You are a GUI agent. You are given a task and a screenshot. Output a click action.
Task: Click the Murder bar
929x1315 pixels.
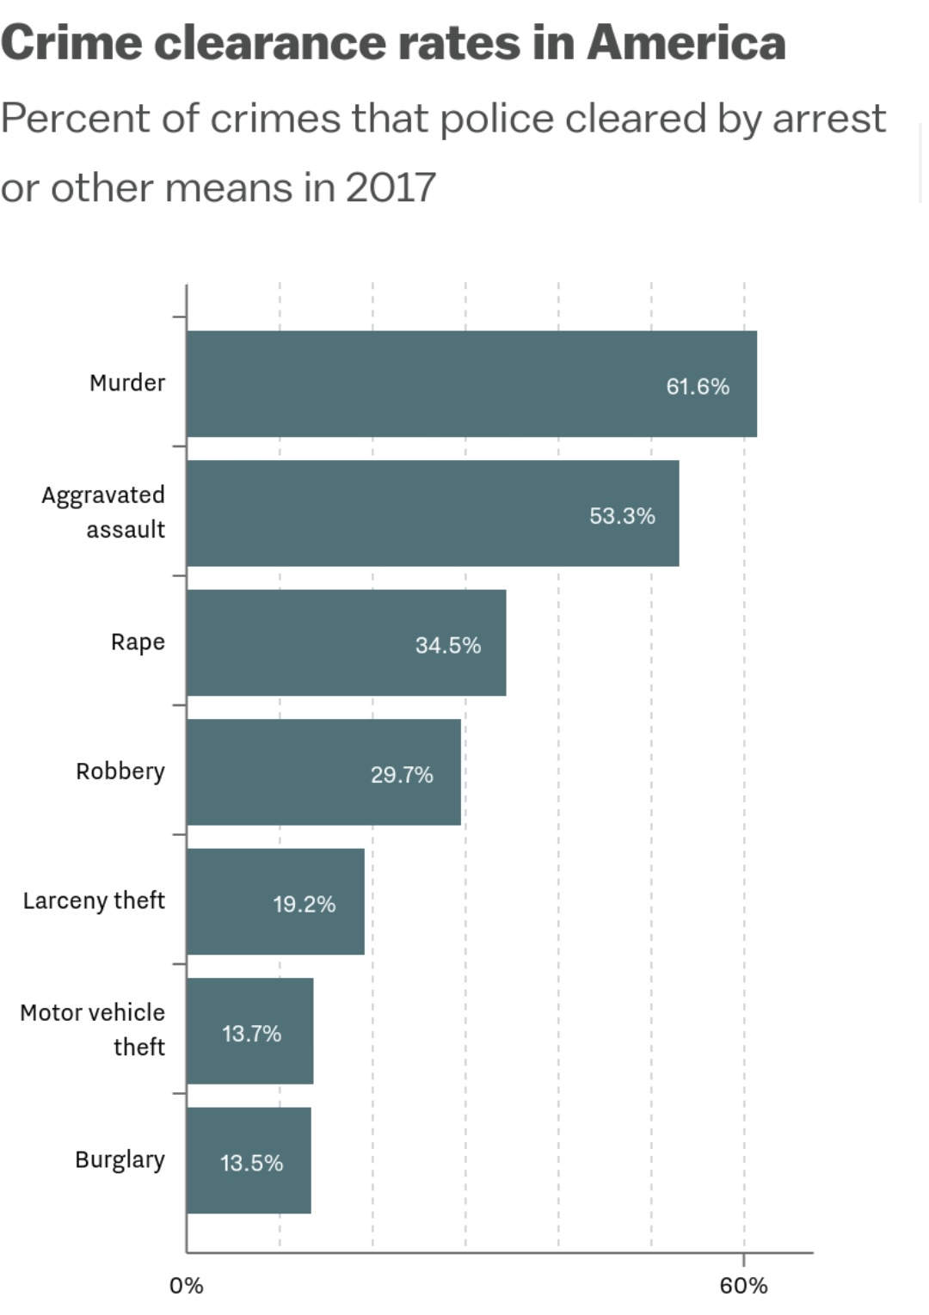pos(472,384)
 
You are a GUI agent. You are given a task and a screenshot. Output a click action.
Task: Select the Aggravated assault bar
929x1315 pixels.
pos(434,513)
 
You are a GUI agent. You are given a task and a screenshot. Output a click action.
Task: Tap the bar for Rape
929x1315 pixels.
pos(347,642)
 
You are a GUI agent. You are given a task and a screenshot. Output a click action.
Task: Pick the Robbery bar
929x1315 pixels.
pos(324,772)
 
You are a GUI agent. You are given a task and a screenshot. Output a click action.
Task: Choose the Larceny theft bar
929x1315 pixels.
pos(276,901)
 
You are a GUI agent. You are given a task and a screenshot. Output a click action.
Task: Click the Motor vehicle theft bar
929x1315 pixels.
pos(250,1031)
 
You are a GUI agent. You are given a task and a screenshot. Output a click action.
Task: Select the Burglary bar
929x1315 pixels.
pos(249,1160)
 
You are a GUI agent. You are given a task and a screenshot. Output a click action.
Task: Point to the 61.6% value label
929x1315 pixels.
pos(698,387)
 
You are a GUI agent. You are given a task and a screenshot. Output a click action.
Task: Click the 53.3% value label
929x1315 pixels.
pos(623,516)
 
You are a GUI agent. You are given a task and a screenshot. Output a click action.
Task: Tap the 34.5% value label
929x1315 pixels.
pos(448,646)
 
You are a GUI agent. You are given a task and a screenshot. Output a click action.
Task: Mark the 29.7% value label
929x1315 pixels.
pos(402,775)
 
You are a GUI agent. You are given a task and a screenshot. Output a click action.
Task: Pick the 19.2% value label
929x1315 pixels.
pos(305,905)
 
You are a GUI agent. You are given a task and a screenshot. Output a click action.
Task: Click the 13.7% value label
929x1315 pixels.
pos(251,1034)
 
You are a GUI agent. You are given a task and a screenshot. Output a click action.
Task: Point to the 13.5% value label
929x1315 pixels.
pos(251,1164)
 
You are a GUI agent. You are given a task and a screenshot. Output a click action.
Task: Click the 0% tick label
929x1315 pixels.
pos(186,1287)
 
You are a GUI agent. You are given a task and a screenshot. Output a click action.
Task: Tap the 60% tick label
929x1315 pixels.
pos(743,1287)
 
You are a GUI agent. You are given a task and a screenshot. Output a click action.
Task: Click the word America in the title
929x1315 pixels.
pos(686,43)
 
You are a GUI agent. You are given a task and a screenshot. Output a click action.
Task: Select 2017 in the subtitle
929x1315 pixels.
pos(391,187)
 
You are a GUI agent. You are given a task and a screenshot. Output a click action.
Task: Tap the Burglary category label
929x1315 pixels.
pos(120,1160)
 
